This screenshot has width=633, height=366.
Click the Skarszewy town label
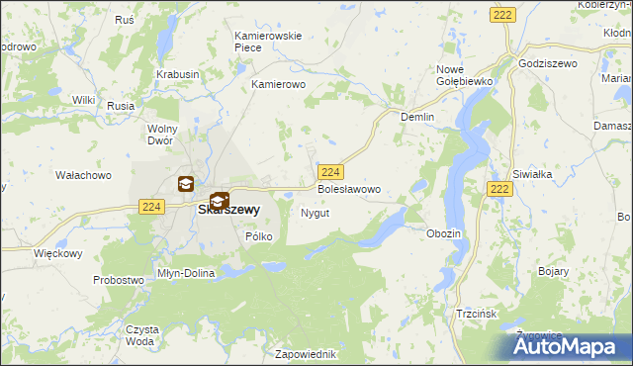(228, 210)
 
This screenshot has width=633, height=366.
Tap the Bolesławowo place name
(348, 188)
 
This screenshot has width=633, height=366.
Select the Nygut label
(315, 213)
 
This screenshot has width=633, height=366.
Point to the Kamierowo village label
(280, 85)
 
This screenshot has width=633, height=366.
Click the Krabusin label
(178, 74)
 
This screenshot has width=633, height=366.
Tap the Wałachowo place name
(83, 175)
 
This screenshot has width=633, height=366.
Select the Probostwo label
(119, 280)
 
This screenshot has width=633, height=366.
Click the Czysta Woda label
(140, 334)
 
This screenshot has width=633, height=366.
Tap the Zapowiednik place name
(309, 354)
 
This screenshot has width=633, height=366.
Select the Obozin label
(443, 232)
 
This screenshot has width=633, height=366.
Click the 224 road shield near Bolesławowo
(331, 171)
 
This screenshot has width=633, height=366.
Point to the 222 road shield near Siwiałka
(500, 189)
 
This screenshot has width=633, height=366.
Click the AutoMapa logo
(570, 345)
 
